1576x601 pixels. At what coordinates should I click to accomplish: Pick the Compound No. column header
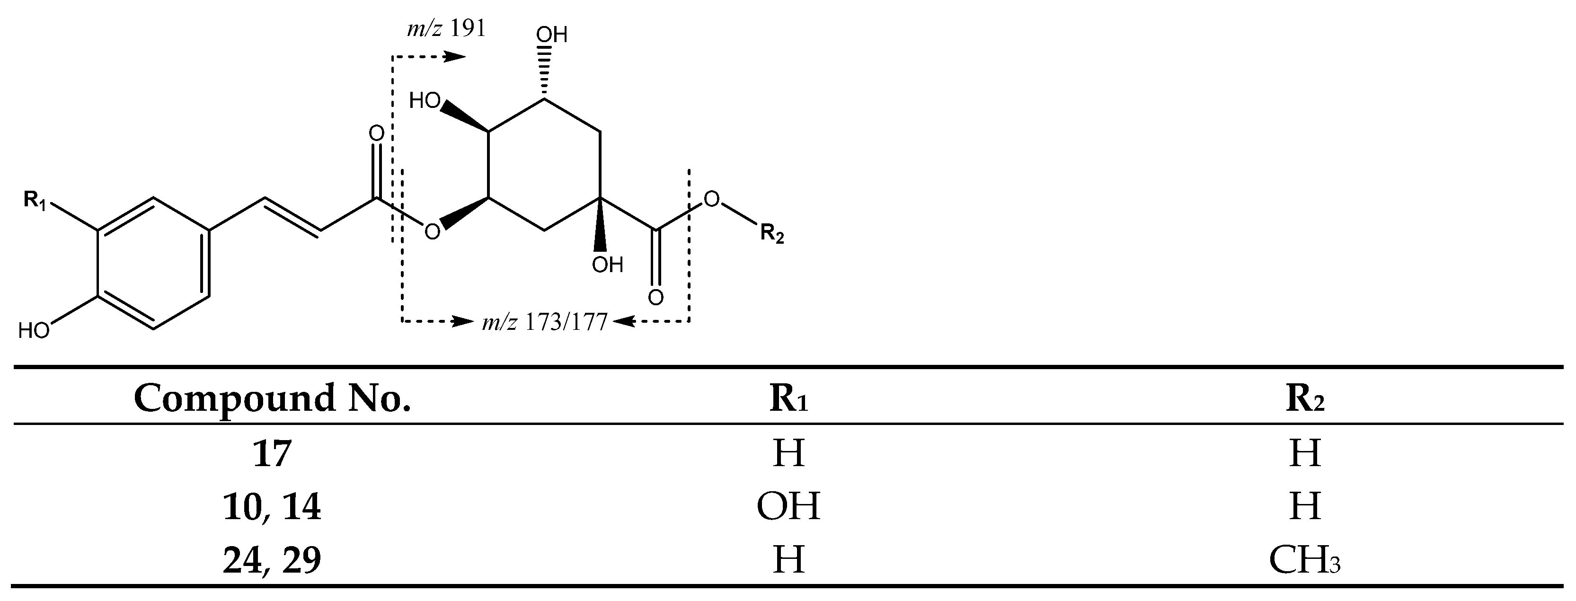[272, 398]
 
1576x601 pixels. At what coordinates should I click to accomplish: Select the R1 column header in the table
[788, 398]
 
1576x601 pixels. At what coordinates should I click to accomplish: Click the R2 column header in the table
[1305, 398]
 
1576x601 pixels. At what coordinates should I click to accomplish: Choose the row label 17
[272, 453]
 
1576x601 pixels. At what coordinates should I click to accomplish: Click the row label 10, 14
[272, 507]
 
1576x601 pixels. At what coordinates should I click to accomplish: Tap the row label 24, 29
[272, 560]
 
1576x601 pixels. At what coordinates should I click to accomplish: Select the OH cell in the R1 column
[788, 507]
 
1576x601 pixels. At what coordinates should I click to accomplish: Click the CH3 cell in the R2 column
[1305, 560]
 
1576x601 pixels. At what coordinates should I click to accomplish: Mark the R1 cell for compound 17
[788, 453]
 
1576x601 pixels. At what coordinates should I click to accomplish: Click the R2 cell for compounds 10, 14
[1305, 507]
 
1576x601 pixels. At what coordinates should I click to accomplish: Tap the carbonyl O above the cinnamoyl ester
[376, 133]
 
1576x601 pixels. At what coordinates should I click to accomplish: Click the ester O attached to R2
[711, 199]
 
